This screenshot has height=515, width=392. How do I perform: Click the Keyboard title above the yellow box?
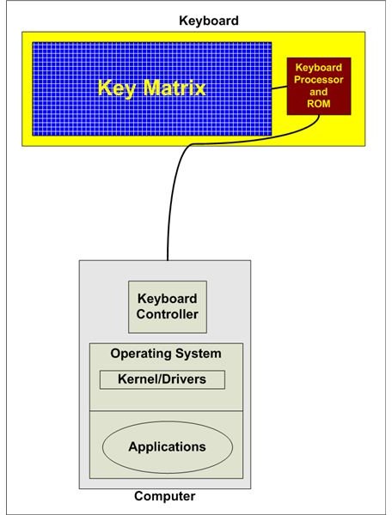click(x=209, y=21)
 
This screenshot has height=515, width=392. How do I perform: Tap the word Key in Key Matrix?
click(x=117, y=88)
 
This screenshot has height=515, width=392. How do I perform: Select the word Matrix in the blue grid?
click(x=175, y=88)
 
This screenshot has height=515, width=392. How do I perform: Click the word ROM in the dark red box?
click(x=318, y=104)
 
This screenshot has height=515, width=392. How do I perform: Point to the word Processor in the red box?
click(x=318, y=80)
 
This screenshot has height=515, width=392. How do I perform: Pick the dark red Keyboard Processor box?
click(x=319, y=86)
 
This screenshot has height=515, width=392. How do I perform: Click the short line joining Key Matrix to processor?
click(x=279, y=88)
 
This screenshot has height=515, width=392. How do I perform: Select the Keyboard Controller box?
click(x=168, y=306)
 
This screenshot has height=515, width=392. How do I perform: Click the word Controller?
click(x=168, y=314)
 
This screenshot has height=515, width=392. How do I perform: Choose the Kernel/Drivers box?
click(x=162, y=379)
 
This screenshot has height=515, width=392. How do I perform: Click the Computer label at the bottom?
click(x=165, y=496)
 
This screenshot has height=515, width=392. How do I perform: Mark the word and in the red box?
click(x=318, y=92)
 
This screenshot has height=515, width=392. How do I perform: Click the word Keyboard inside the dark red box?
click(x=318, y=67)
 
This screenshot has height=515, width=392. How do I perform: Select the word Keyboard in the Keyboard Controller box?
click(x=168, y=299)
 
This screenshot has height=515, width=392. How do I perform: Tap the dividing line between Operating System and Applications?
click(x=167, y=410)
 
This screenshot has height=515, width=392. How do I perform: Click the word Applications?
click(x=168, y=447)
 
